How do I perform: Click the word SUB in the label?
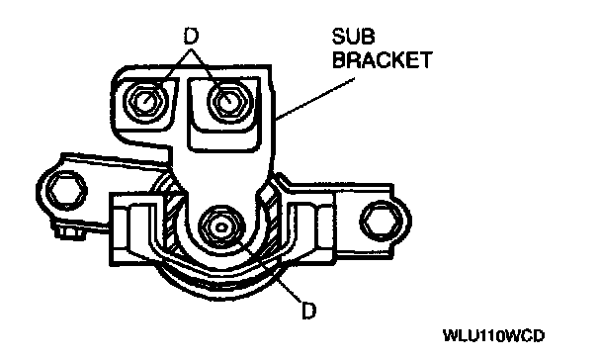pos(353,37)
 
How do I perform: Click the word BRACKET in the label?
pos(382,59)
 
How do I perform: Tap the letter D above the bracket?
pos(191,37)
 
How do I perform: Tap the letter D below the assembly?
pos(309,311)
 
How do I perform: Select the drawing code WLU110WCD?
pos(493,336)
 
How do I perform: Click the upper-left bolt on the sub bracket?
pos(145,101)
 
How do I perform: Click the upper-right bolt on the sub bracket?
pos(229,101)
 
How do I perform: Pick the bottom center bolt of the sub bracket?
pos(221,226)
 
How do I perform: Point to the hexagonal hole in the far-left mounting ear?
pos(65,191)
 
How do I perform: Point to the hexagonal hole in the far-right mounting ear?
pos(381,221)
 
